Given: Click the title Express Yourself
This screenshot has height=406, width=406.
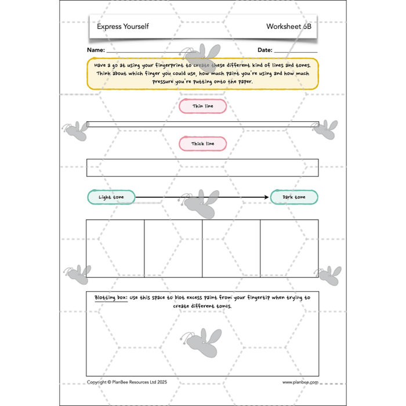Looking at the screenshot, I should (122, 27).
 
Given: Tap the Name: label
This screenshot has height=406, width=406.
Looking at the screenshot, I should (96, 50).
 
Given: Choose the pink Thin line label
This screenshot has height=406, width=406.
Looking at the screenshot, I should (202, 106).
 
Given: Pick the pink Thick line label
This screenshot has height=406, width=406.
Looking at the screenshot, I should (202, 143).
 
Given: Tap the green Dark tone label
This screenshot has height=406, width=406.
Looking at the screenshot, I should (294, 197).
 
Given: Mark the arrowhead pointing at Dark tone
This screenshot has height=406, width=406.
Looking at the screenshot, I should (267, 197).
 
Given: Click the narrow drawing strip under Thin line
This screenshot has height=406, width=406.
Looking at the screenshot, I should (202, 124).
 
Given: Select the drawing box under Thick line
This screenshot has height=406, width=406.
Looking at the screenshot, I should (202, 167).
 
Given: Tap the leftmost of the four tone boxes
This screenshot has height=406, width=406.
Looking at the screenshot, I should (115, 249).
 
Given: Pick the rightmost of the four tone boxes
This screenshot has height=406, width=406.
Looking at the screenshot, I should (289, 249).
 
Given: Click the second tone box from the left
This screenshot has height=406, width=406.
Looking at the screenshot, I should (173, 249).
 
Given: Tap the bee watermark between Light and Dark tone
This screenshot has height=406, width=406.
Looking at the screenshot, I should (201, 203).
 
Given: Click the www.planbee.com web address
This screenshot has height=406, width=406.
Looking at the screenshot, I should (300, 382).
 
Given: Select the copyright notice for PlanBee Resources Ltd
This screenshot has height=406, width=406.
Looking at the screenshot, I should (128, 382).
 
